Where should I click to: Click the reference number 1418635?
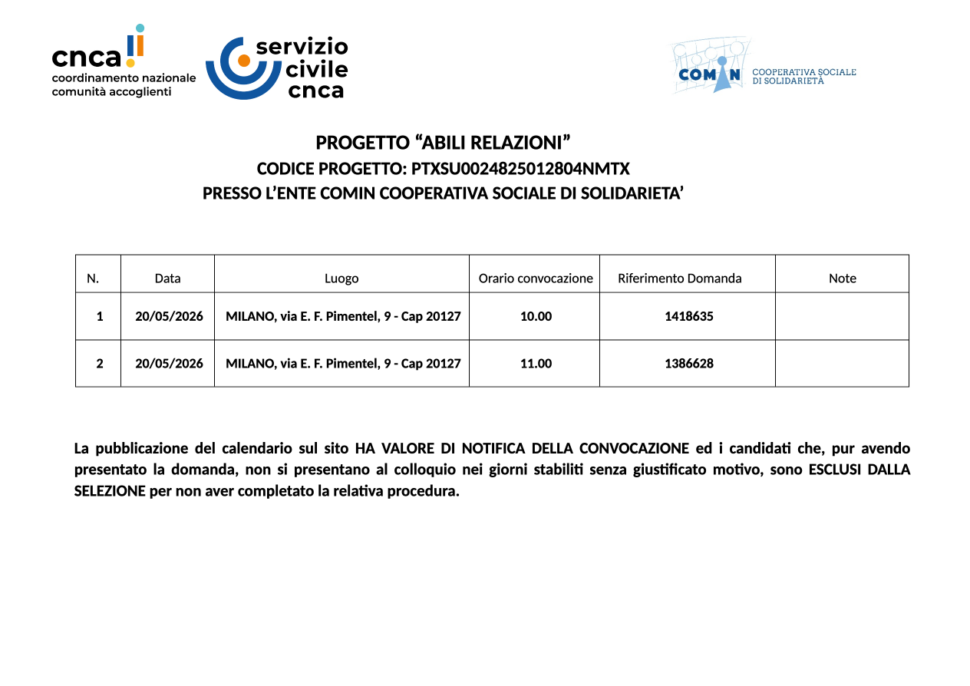[x=688, y=316]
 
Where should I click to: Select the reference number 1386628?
[x=688, y=364]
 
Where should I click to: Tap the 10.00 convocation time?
[x=536, y=316]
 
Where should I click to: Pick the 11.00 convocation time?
[x=536, y=364]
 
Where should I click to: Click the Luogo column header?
[x=341, y=279]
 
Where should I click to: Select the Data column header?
[x=167, y=279]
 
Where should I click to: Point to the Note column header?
[x=842, y=279]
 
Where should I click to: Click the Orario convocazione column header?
[x=536, y=279]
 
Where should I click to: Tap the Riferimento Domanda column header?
[x=679, y=279]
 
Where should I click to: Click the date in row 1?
[x=169, y=316]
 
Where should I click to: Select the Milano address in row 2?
[x=343, y=364]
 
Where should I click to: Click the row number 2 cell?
[x=99, y=364]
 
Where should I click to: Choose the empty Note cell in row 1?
[x=842, y=316]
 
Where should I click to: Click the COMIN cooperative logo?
[x=711, y=67]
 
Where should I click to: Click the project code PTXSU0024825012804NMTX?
[x=520, y=169]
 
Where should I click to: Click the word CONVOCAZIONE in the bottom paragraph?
[x=634, y=449]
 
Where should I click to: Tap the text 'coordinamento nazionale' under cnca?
[x=124, y=78]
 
